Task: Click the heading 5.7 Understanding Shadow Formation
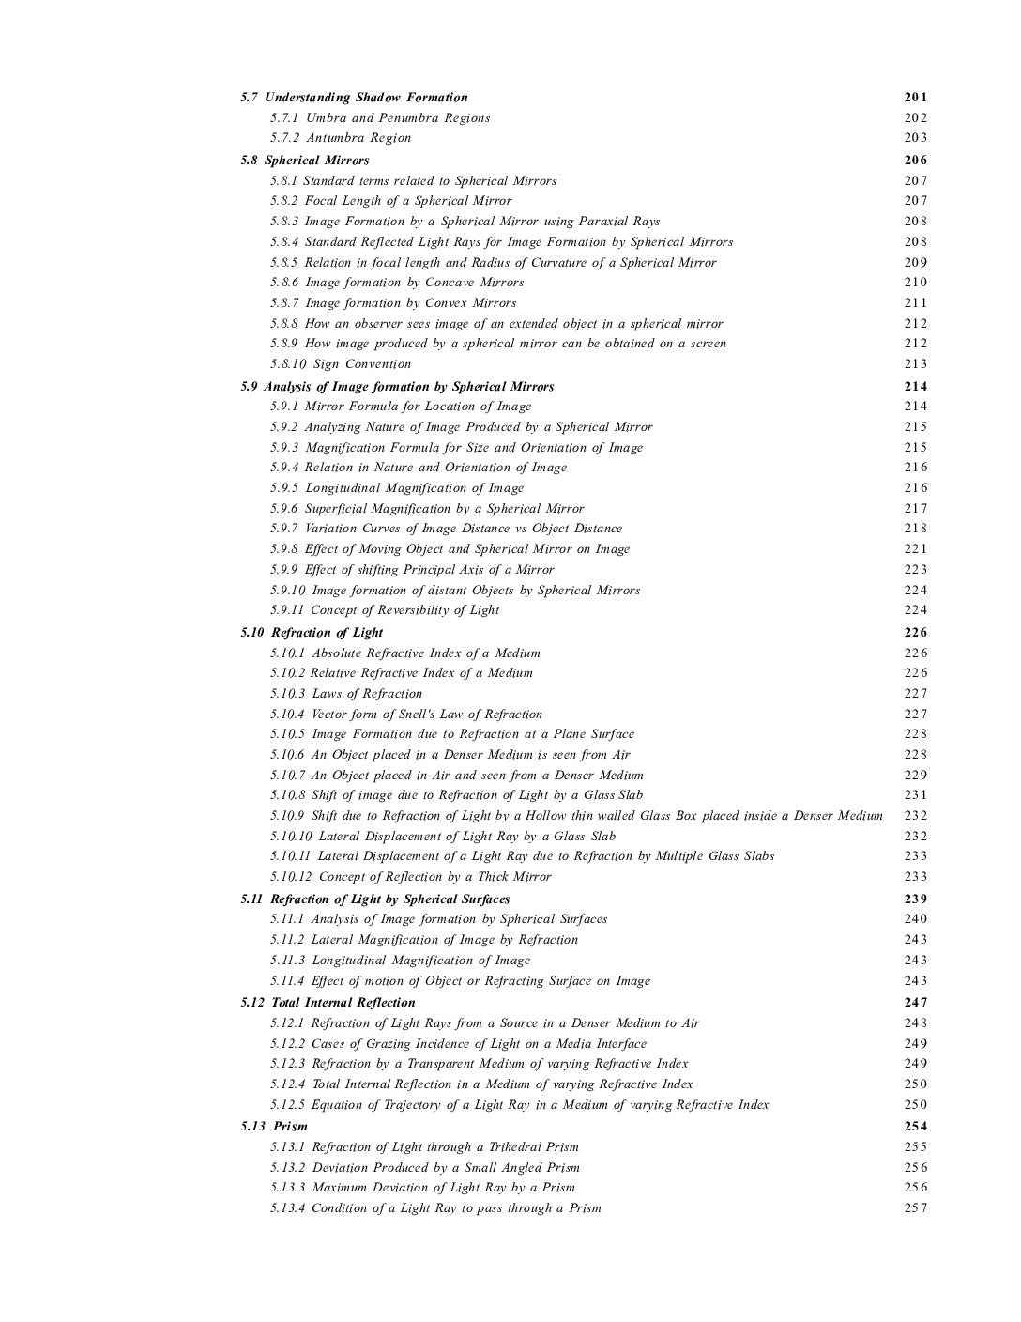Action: tap(354, 98)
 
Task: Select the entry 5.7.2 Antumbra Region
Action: tap(341, 138)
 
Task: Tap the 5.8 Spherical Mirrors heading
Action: tap(305, 161)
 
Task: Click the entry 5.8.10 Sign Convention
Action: tap(341, 364)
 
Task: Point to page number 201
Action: tap(916, 98)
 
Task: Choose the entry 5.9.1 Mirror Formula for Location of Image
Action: tap(401, 407)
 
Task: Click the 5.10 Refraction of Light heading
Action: tap(312, 633)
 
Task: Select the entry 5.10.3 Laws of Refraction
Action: tap(346, 694)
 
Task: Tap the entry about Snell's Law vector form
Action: tap(406, 715)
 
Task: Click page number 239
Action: tap(916, 899)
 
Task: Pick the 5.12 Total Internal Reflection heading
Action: tap(328, 1003)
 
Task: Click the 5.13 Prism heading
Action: tap(274, 1127)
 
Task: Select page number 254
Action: tap(916, 1127)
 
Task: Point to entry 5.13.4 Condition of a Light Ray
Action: tap(435, 1208)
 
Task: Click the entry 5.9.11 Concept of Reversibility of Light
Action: tap(385, 610)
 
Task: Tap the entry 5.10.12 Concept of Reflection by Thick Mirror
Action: tap(411, 877)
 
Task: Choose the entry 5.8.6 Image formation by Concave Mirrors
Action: tap(397, 283)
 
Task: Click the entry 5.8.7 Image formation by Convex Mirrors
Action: tap(393, 303)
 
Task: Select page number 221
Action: tap(916, 549)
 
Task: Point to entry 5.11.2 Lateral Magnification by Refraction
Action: tap(424, 940)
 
